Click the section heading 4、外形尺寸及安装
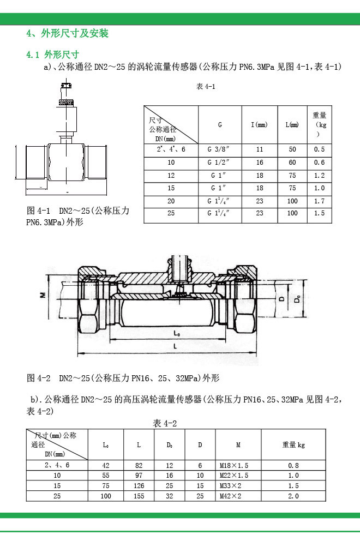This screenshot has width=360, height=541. click(x=68, y=34)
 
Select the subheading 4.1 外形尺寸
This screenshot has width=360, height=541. click(x=53, y=55)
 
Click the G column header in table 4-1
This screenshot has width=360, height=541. click(x=220, y=125)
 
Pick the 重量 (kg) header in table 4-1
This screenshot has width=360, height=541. click(x=320, y=124)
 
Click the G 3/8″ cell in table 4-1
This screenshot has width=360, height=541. click(x=220, y=149)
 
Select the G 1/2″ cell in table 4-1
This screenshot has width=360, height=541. click(x=220, y=163)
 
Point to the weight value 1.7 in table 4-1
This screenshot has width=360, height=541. click(x=320, y=201)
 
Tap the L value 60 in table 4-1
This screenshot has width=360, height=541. click(x=292, y=163)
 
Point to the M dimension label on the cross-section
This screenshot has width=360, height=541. click(x=42, y=295)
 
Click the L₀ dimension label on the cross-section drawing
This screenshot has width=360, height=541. click(x=177, y=332)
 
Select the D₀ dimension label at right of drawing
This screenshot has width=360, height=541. click(x=297, y=300)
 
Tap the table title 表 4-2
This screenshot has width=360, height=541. click(x=165, y=424)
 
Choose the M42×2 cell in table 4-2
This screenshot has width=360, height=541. click(x=230, y=496)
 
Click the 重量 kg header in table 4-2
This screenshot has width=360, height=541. click(x=293, y=445)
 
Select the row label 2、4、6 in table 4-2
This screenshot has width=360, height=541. click(x=57, y=466)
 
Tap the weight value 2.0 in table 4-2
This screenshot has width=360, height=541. click(x=293, y=496)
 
